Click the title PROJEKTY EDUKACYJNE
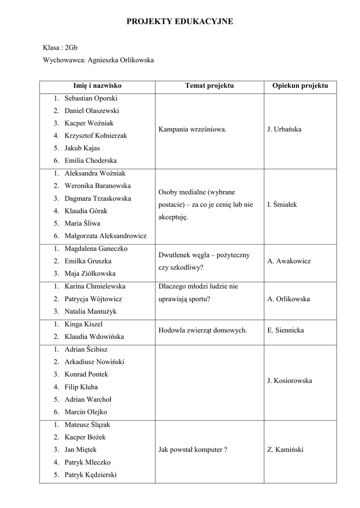click(x=180, y=21)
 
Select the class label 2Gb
click(x=71, y=48)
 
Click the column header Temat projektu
click(x=209, y=86)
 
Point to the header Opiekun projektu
click(x=300, y=86)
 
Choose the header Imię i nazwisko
click(x=97, y=86)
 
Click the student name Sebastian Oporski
click(x=91, y=98)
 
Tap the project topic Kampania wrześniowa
click(x=193, y=129)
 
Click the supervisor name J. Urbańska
click(x=285, y=129)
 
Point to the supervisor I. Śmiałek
click(x=283, y=204)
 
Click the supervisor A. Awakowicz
click(x=289, y=261)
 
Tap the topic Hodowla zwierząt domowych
click(x=203, y=330)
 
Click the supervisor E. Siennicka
click(x=286, y=330)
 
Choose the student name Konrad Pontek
click(x=86, y=374)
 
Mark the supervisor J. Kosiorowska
click(x=289, y=381)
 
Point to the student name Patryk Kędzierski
click(x=90, y=475)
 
